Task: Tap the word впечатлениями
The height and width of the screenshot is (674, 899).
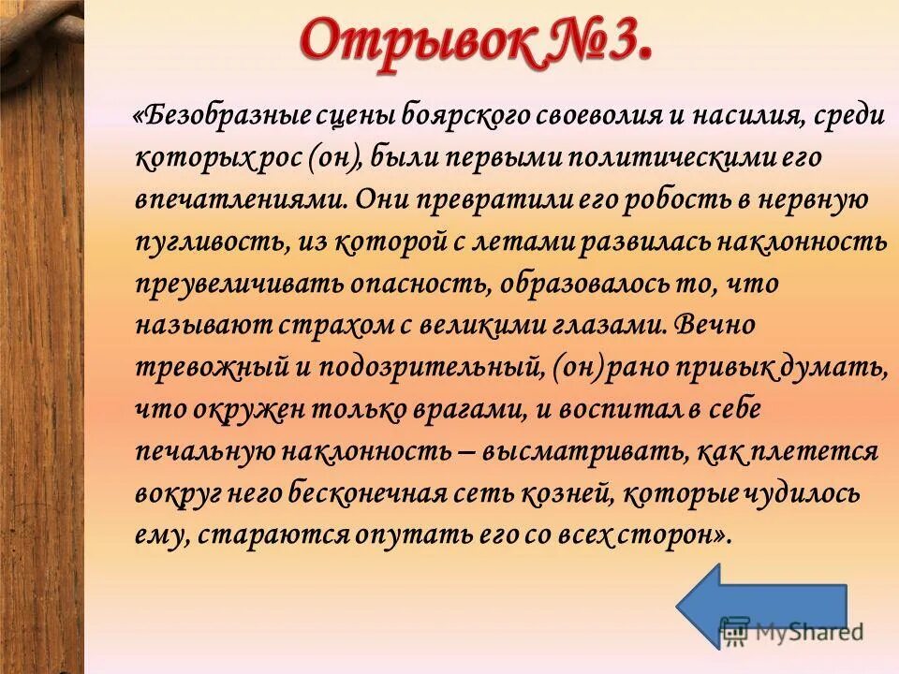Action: (245, 199)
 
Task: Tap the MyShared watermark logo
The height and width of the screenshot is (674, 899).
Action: (792, 632)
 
